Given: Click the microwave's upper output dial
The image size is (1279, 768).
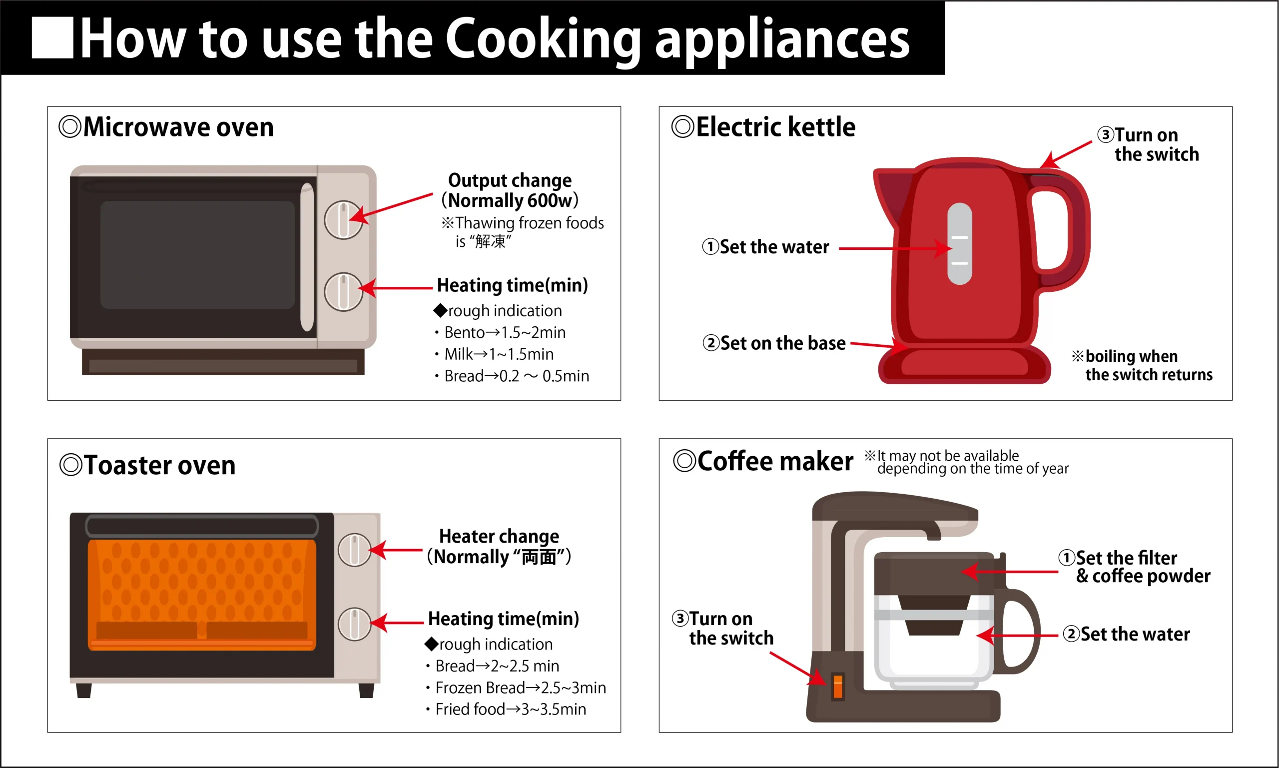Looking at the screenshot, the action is (x=343, y=220).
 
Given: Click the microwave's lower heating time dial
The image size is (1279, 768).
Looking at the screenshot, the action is (x=343, y=292).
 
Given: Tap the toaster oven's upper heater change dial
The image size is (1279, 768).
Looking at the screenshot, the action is (x=354, y=550).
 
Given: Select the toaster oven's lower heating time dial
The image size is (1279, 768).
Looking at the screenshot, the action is (x=354, y=624).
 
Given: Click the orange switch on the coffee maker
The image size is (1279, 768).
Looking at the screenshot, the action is (x=838, y=687).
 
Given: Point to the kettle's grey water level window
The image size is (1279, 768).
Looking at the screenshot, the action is (x=960, y=244).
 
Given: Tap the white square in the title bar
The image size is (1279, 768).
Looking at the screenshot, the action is (x=52, y=38).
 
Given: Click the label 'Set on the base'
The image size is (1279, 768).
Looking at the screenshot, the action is (x=774, y=343).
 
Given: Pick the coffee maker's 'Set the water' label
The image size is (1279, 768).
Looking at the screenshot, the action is (x=1126, y=635).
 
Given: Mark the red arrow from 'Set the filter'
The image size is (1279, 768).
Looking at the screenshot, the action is (x=1009, y=572).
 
